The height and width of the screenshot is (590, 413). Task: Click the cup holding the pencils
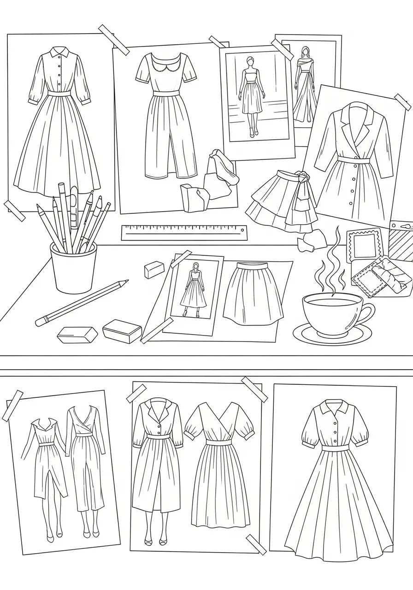(73, 269)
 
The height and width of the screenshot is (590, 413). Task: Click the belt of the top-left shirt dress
(59, 93)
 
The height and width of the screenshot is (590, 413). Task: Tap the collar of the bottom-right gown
(335, 407)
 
